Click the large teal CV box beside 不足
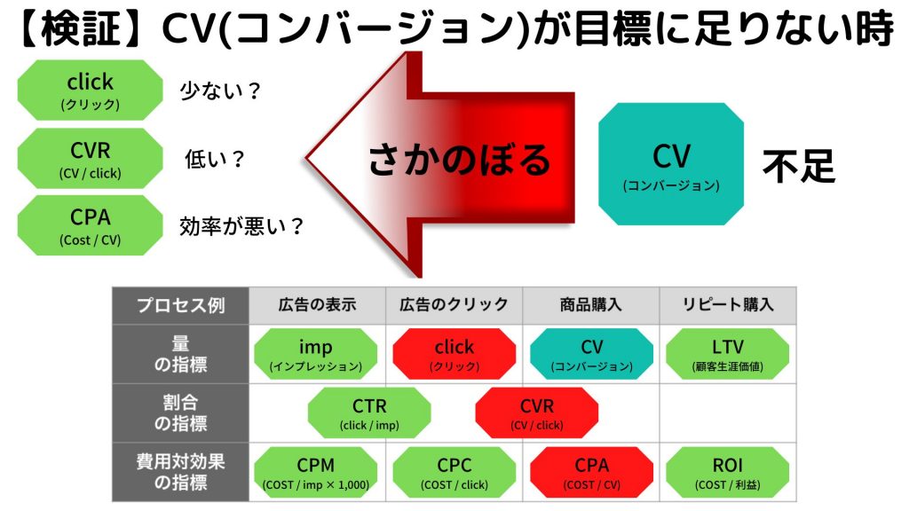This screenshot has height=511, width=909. click(671, 164)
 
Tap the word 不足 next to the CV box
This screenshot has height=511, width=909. click(799, 166)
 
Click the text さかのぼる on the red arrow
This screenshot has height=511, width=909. click(459, 160)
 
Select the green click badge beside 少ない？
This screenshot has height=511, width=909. click(90, 90)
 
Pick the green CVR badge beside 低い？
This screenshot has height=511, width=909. click(90, 158)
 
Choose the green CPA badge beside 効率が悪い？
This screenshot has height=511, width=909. click(90, 225)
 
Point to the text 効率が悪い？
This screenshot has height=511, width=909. click(241, 226)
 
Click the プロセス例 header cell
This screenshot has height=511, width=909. click(180, 305)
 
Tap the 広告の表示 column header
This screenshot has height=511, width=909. click(317, 305)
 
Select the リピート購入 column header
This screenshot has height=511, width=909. click(728, 305)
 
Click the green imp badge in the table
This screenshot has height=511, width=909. click(315, 354)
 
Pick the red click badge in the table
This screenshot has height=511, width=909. click(454, 354)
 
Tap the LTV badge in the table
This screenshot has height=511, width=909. click(728, 354)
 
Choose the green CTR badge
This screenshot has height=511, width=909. click(369, 413)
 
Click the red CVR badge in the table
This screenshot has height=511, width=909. click(537, 413)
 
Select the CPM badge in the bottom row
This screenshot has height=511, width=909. click(315, 472)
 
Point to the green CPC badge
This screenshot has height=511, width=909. click(454, 472)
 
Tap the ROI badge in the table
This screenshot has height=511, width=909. click(728, 472)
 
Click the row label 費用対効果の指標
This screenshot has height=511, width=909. click(180, 472)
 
